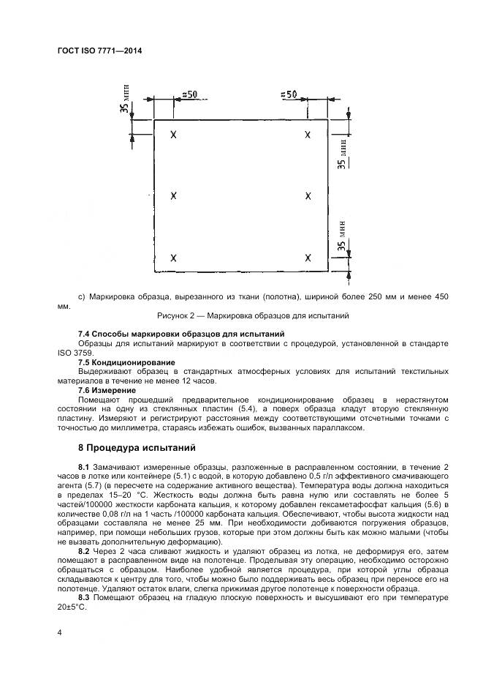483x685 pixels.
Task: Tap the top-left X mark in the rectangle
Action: [173, 135]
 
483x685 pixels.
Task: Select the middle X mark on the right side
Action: [308, 196]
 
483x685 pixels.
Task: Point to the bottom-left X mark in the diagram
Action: [173, 258]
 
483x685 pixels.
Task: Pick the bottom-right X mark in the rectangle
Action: [308, 258]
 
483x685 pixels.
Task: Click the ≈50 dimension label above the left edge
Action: [189, 94]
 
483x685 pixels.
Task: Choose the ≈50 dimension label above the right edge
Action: [289, 94]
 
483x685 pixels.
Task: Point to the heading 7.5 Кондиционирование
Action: [126, 362]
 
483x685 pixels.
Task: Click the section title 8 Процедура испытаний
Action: [136, 447]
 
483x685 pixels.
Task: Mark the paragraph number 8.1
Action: [83, 467]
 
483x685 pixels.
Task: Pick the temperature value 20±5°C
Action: [72, 607]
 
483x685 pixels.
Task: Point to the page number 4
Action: [60, 632]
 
